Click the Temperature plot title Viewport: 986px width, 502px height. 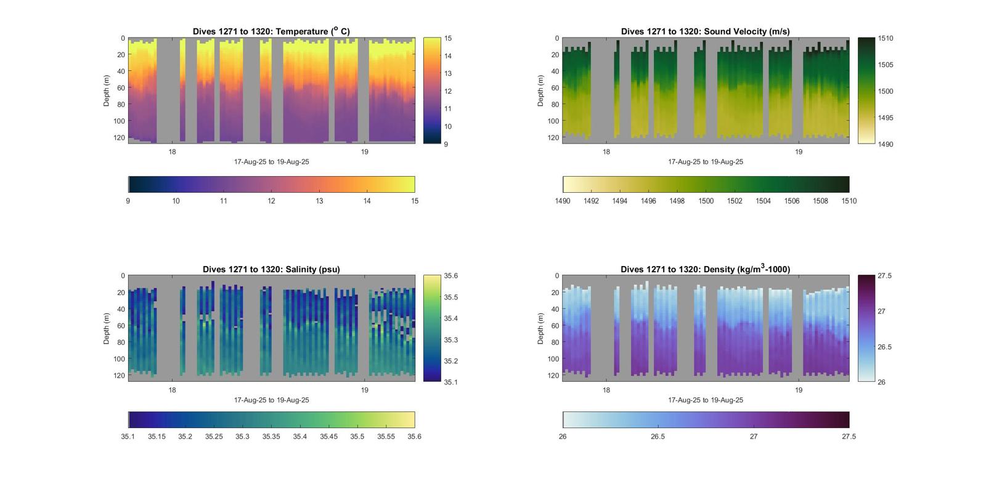(x=271, y=31)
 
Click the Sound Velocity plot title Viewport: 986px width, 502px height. (x=705, y=31)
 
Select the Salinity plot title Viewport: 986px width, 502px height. (x=271, y=269)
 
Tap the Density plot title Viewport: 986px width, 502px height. (x=705, y=269)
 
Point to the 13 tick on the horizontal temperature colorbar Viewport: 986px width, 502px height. (x=319, y=201)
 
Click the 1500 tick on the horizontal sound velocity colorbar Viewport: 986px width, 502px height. (x=706, y=201)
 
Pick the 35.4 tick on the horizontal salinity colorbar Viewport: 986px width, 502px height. (x=299, y=436)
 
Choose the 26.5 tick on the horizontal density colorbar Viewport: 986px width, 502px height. (x=658, y=436)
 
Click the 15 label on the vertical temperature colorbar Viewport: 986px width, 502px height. (x=448, y=38)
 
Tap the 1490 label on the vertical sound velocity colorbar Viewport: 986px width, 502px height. (x=885, y=144)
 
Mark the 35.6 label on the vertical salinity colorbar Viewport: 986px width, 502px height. (x=450, y=276)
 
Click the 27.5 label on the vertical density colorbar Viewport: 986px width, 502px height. (x=884, y=276)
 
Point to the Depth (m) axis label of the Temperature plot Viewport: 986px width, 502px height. (x=107, y=91)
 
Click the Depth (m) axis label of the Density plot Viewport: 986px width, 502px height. (x=540, y=328)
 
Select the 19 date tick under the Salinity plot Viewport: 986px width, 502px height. (x=365, y=390)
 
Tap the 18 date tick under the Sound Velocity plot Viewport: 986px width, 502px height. (x=606, y=152)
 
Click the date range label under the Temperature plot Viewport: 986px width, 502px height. (x=271, y=162)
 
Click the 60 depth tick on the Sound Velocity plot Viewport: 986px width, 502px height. (x=555, y=87)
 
